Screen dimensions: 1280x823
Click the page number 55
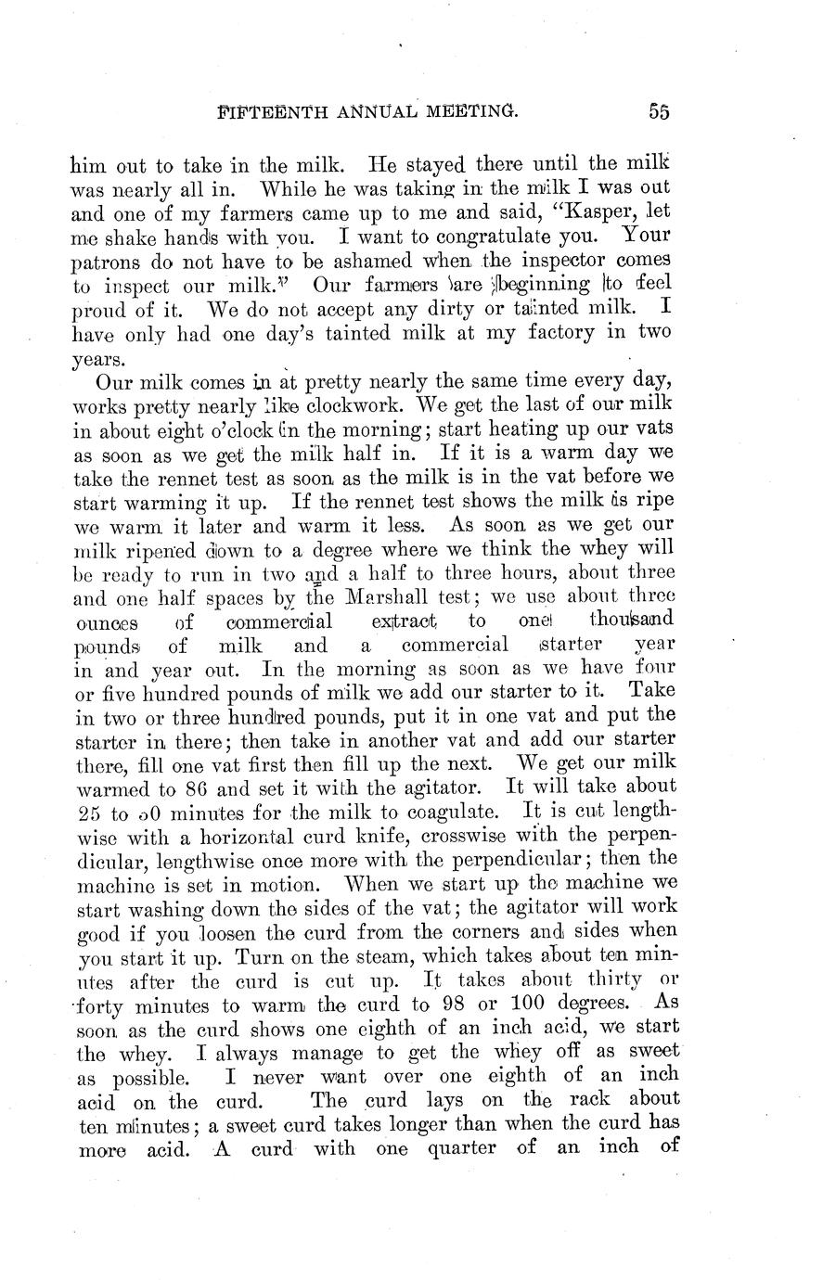[659, 111]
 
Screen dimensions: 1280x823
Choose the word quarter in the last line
[467, 1147]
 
